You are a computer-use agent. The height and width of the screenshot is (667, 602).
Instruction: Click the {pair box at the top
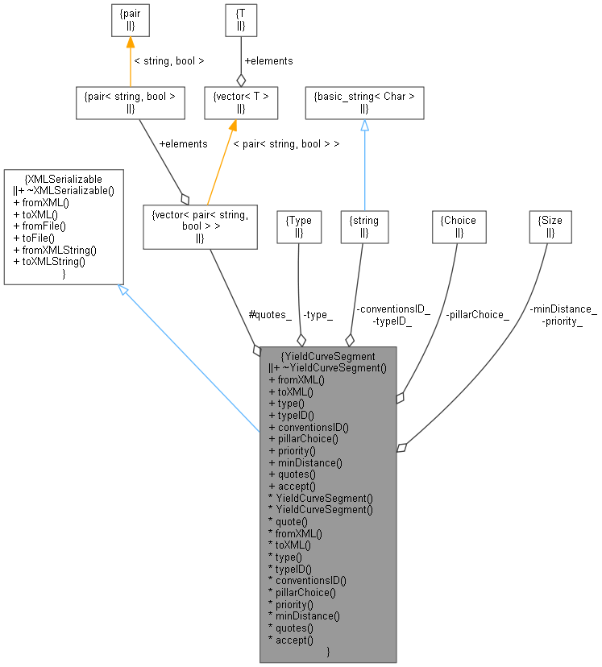pyautogui.click(x=129, y=19)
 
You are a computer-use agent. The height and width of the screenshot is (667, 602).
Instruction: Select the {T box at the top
pyautogui.click(x=239, y=19)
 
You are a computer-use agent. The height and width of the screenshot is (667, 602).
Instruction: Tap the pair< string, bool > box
pyautogui.click(x=129, y=102)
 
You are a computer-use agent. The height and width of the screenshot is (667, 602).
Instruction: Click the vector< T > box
pyautogui.click(x=239, y=102)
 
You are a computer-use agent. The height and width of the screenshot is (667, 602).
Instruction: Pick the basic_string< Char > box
pyautogui.click(x=363, y=102)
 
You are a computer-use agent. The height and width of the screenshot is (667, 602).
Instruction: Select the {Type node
pyautogui.click(x=298, y=226)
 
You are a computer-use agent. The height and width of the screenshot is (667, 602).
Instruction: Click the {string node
pyautogui.click(x=363, y=226)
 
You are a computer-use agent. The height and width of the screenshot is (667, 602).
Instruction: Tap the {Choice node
pyautogui.click(x=459, y=226)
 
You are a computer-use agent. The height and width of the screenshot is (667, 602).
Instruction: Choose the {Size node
pyautogui.click(x=550, y=226)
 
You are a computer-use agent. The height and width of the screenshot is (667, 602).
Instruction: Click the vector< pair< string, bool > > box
pyautogui.click(x=199, y=226)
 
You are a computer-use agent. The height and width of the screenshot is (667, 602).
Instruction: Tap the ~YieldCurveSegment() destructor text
pyautogui.click(x=331, y=367)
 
